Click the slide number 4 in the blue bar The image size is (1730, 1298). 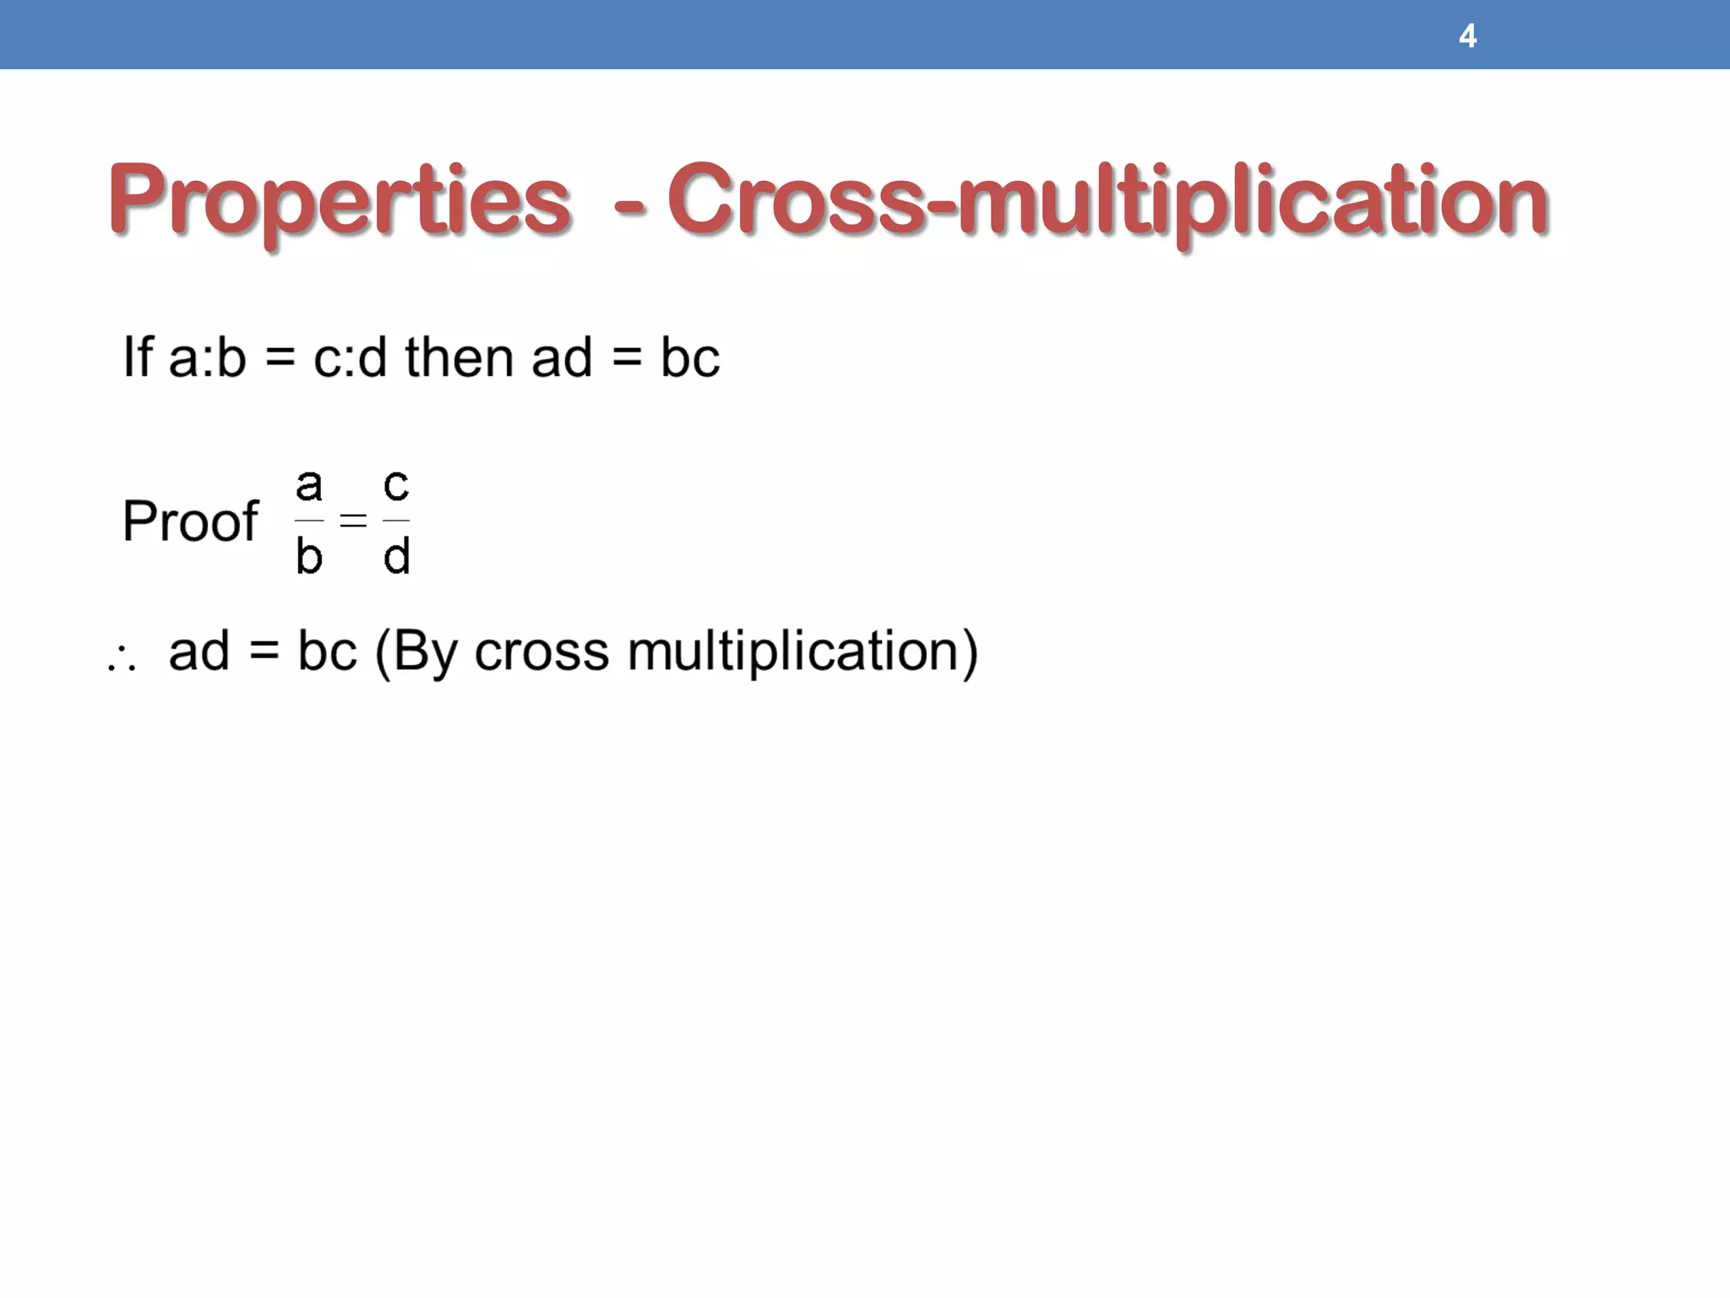coord(1467,36)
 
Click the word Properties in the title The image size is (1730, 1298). coord(339,202)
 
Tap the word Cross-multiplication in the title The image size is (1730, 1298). coord(1107,202)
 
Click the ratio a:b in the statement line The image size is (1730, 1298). coord(208,357)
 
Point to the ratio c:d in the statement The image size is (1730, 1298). coord(350,357)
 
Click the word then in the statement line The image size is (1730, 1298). coord(459,357)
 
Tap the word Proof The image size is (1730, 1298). coord(190,521)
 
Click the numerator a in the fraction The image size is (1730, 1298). coord(309,485)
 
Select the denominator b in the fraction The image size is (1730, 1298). coord(309,556)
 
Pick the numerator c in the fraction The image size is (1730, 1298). coord(396,485)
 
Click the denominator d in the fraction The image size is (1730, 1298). coord(396,556)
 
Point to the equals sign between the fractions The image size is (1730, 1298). coord(353,521)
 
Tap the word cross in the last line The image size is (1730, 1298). coord(541,652)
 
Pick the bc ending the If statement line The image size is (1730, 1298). coord(689,357)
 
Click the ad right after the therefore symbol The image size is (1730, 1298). coord(199,652)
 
